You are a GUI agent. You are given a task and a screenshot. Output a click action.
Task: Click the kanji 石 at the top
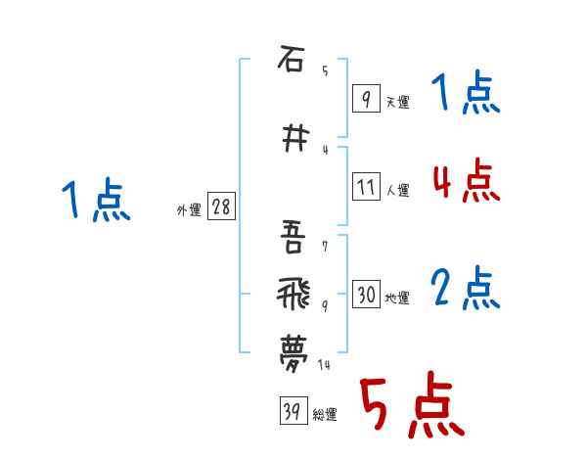(x=291, y=60)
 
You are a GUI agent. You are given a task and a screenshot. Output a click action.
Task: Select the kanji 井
(x=292, y=140)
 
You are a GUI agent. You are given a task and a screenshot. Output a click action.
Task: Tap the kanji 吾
(x=292, y=235)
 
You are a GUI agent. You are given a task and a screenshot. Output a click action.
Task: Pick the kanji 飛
(x=292, y=291)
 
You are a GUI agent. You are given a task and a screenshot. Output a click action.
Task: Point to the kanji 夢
(x=292, y=348)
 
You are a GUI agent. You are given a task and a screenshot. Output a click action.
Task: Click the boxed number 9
(x=366, y=99)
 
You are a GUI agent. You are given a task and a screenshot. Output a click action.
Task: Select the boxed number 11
(x=366, y=187)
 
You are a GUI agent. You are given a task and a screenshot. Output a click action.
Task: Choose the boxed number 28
(x=221, y=207)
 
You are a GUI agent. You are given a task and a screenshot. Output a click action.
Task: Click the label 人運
(x=397, y=190)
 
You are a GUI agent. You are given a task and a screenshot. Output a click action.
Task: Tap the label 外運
(x=188, y=209)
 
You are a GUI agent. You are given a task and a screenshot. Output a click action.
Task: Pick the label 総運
(x=325, y=415)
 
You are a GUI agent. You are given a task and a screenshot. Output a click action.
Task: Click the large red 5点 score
(x=411, y=406)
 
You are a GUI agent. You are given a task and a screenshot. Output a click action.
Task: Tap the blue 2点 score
(x=466, y=289)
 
